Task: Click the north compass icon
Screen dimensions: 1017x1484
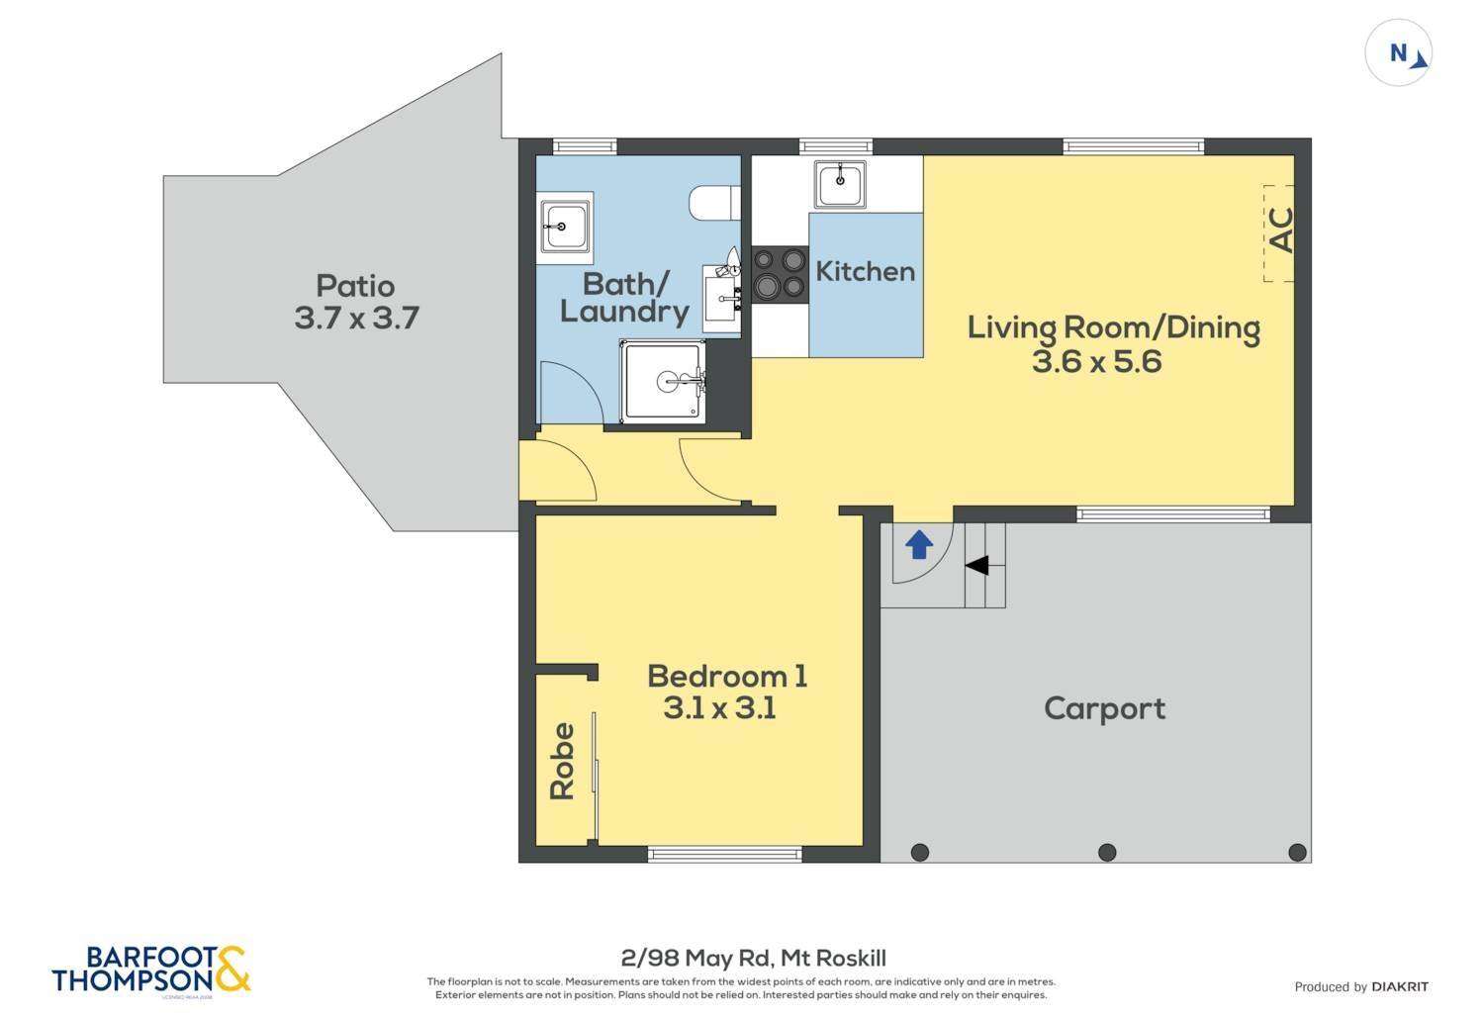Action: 1399,53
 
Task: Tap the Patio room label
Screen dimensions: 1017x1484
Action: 355,286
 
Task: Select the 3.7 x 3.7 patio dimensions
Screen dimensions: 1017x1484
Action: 356,319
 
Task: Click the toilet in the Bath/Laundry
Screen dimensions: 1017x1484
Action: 714,203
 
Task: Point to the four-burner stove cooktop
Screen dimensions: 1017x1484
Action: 779,274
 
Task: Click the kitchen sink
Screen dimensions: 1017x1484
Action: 840,184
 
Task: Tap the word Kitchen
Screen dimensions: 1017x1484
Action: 865,271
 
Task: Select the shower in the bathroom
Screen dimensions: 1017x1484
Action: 665,380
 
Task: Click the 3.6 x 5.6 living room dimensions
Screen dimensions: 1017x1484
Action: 1096,361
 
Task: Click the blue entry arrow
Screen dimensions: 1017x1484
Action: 919,544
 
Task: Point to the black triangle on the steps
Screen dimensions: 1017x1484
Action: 976,565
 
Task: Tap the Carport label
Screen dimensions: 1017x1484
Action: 1104,708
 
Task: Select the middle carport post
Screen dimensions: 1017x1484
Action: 1107,852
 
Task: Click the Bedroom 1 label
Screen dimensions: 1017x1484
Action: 727,677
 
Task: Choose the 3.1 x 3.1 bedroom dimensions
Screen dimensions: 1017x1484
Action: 719,708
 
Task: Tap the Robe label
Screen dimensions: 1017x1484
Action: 562,761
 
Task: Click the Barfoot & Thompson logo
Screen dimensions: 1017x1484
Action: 151,969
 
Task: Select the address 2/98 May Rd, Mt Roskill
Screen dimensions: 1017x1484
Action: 753,958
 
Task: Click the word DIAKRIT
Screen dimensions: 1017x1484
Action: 1400,986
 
